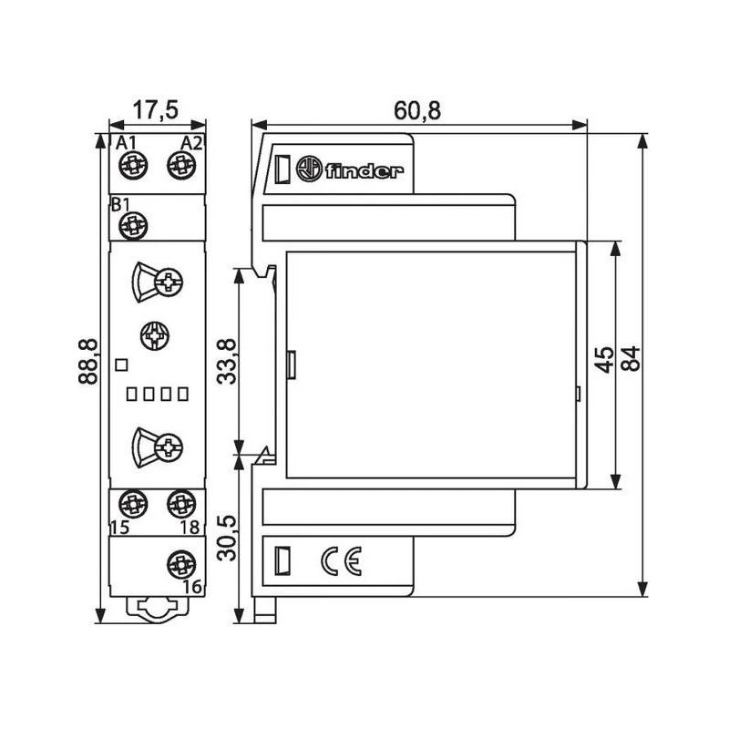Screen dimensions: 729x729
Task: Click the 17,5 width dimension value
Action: (155, 110)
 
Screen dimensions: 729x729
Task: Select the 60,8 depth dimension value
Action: (417, 110)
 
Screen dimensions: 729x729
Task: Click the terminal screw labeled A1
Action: (132, 165)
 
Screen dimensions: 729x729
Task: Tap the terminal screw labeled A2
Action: (181, 165)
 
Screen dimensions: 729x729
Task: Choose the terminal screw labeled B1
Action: (134, 223)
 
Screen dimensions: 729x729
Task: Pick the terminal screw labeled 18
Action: (180, 502)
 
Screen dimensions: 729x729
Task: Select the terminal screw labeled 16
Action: (180, 563)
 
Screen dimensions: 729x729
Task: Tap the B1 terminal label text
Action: (120, 204)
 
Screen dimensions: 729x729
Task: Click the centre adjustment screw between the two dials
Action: (153, 337)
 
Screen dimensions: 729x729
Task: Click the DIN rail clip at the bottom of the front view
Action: (155, 608)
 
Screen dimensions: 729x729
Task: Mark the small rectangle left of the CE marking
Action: (282, 559)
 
